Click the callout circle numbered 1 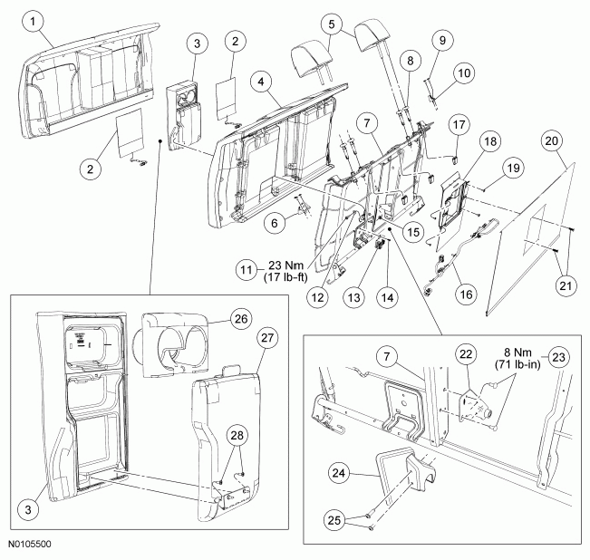pyautogui.click(x=34, y=22)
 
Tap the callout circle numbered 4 pyautogui.click(x=262, y=82)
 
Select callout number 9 pyautogui.click(x=442, y=40)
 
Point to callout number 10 pyautogui.click(x=464, y=73)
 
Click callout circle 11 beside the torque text pyautogui.click(x=247, y=270)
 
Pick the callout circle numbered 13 pyautogui.click(x=353, y=297)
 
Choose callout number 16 pyautogui.click(x=466, y=294)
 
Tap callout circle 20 pyautogui.click(x=552, y=141)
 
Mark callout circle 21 pyautogui.click(x=566, y=286)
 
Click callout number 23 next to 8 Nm pyautogui.click(x=558, y=356)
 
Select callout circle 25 pyautogui.click(x=334, y=520)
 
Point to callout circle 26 pyautogui.click(x=241, y=319)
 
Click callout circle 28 pyautogui.click(x=237, y=436)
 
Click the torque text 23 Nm pyautogui.click(x=285, y=266)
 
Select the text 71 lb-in pyautogui.click(x=517, y=364)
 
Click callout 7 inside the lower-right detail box pyautogui.click(x=388, y=356)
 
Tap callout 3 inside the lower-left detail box pyautogui.click(x=29, y=510)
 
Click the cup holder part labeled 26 pyautogui.click(x=176, y=345)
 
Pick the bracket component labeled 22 pyautogui.click(x=475, y=405)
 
